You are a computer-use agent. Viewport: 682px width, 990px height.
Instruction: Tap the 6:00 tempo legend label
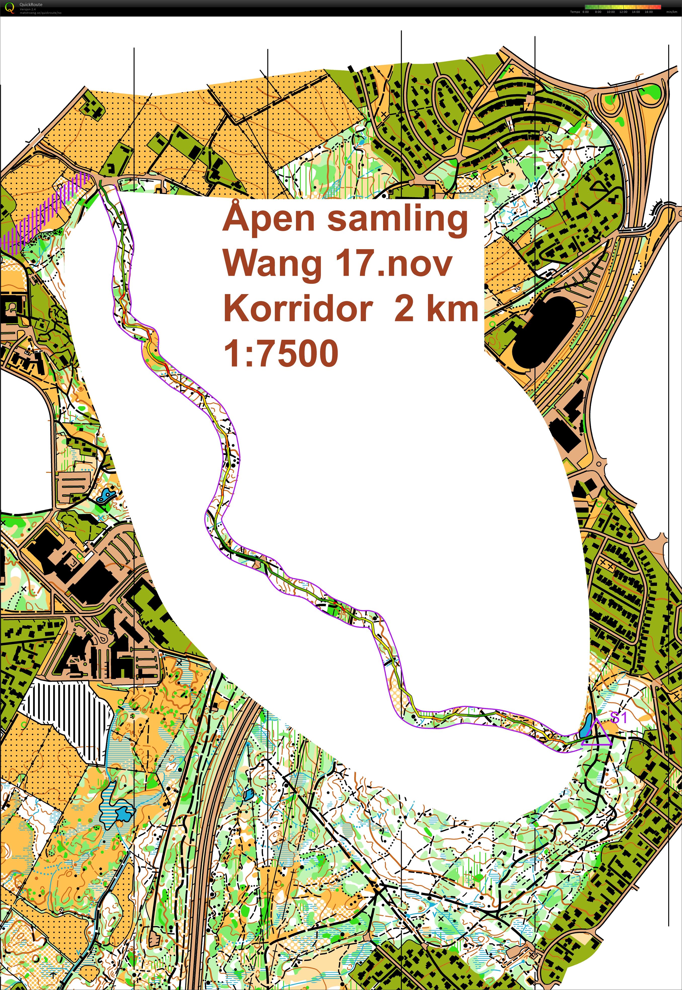pos(585,12)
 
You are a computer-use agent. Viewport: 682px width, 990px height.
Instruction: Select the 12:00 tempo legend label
pos(623,12)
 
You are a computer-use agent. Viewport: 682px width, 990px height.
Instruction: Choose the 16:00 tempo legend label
pos(649,12)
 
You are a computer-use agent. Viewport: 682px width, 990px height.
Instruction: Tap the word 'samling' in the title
pos(397,219)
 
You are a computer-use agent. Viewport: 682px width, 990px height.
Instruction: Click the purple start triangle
pos(596,735)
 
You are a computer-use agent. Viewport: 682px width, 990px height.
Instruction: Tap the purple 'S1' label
pos(618,717)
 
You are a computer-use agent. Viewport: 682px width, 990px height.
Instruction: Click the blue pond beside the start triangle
pos(587,724)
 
